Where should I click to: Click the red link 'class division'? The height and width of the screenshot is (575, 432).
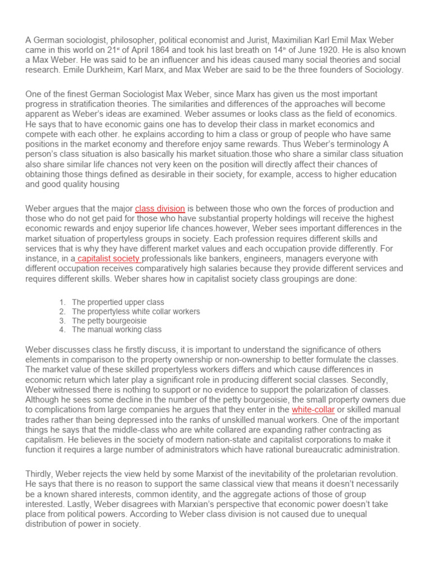(x=160, y=208)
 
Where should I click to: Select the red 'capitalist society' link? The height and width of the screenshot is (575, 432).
(x=108, y=258)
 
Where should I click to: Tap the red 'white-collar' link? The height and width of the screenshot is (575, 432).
(x=313, y=410)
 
